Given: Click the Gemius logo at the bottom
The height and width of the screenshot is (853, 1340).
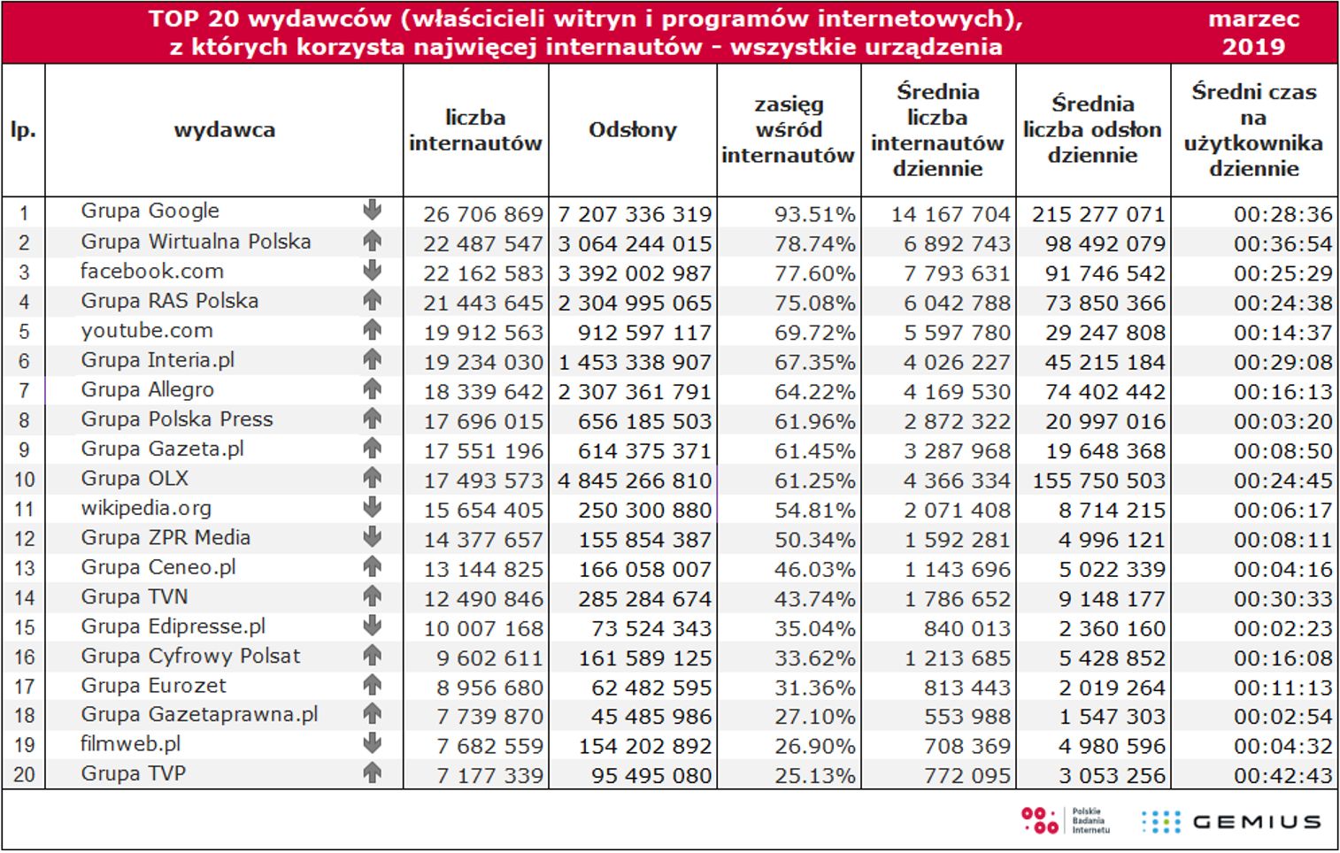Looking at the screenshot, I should point(1232,822).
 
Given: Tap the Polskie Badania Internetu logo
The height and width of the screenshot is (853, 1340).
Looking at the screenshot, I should point(1065,820).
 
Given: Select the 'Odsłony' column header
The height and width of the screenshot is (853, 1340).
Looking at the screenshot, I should point(632,130).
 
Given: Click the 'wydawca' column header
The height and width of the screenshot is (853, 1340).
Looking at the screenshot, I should point(224,130).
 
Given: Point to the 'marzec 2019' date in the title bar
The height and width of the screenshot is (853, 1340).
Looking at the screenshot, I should point(1253,33).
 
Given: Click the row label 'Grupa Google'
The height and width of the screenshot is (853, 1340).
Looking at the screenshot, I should point(150,211).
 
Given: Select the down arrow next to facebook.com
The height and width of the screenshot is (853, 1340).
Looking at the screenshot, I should point(373,271).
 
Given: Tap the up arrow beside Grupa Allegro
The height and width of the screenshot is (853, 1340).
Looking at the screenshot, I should point(373,389).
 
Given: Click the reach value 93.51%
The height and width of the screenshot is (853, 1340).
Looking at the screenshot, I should point(814,214).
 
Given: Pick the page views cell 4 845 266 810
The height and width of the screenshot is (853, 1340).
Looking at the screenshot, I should point(634,480).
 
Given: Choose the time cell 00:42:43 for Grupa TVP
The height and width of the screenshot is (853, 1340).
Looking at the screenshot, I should point(1282,776).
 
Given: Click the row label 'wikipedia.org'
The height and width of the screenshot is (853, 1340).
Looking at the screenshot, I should point(146,509).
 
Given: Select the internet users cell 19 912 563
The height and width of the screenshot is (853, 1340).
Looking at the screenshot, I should point(482,333).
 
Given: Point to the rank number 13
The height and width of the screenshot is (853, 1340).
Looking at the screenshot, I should point(24,569).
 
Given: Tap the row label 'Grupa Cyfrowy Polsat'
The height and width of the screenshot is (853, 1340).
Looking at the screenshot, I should point(190,657).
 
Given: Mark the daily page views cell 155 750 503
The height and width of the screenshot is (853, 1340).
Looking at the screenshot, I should point(1098,480).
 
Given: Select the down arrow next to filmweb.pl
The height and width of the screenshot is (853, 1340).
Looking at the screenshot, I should point(373,743).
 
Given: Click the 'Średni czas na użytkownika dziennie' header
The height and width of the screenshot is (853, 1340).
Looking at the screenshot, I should point(1253,130).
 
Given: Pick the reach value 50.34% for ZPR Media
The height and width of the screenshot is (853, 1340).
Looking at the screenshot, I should point(814,540).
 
